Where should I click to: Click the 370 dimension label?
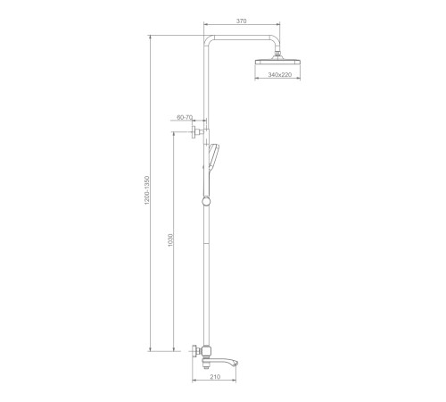(x=242, y=21)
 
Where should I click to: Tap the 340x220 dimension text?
(x=280, y=75)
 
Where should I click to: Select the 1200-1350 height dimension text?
(x=146, y=190)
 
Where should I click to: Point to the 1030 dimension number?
(x=170, y=240)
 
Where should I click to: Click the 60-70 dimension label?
(x=185, y=117)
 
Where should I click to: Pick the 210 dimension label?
(x=215, y=377)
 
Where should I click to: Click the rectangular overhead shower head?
(x=278, y=62)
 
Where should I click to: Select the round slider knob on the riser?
(x=206, y=201)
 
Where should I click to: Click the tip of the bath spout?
(x=237, y=363)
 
